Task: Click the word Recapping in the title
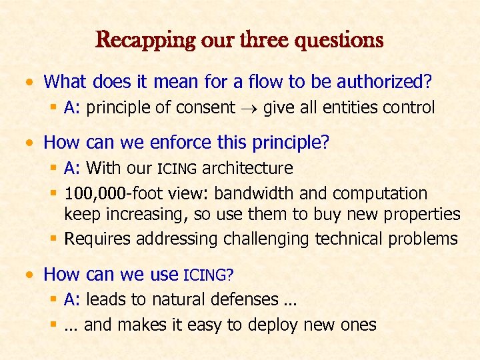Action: pos(135,40)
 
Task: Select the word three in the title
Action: pos(257,40)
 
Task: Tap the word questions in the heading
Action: pos(339,40)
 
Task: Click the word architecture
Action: pos(247,168)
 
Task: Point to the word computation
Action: pos(380,193)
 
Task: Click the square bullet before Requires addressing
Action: pos(57,239)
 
